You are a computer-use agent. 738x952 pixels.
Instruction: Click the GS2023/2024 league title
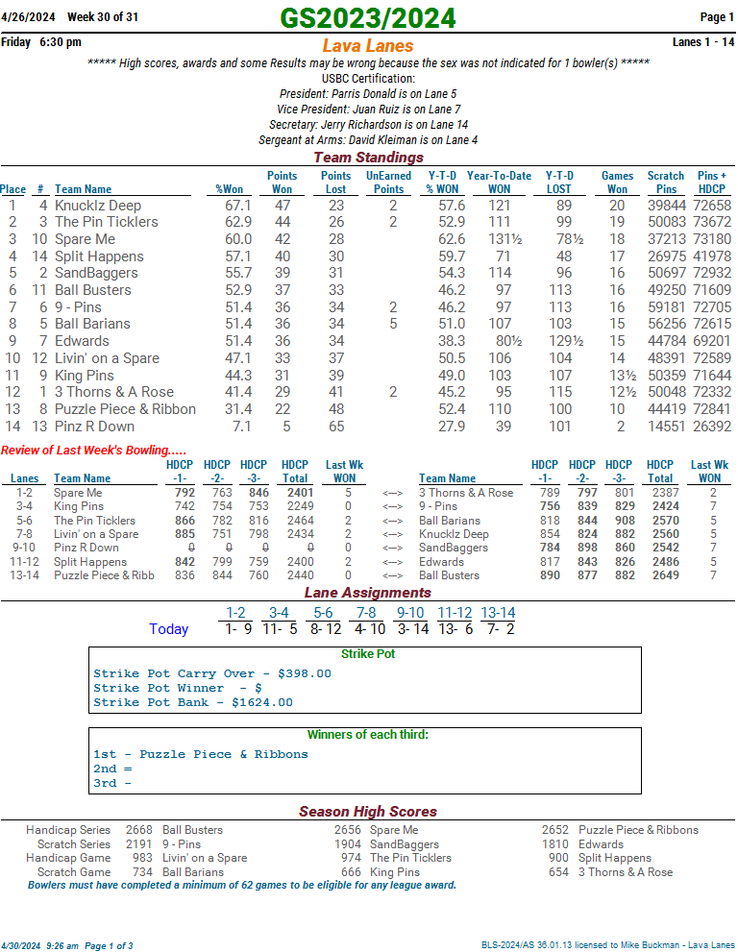coord(368,18)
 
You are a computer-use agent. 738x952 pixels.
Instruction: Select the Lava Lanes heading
coord(368,46)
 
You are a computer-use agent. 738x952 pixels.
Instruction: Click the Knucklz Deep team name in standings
coord(98,206)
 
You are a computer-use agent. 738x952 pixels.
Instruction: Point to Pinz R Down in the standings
coord(94,427)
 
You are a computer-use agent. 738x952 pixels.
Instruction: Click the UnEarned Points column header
coord(388,183)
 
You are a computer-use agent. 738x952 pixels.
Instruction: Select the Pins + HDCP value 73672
coord(712,222)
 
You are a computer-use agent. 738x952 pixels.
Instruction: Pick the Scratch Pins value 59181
coord(666,307)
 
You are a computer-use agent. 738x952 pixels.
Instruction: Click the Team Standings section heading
coord(368,158)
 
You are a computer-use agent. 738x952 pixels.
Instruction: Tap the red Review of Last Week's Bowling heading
coord(94,451)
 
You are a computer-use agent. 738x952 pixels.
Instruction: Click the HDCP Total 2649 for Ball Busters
coord(660,575)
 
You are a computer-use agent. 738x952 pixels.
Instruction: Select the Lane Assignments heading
coord(368,593)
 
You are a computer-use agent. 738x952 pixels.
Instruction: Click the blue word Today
coord(169,629)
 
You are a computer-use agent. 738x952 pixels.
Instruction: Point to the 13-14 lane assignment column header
coord(498,613)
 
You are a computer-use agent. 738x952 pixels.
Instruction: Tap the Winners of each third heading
coord(368,735)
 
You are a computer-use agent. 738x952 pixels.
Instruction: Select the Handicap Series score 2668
coord(139,830)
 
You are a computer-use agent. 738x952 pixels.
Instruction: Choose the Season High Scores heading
coord(368,812)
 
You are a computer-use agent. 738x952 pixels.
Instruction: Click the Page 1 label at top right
coord(717,17)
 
